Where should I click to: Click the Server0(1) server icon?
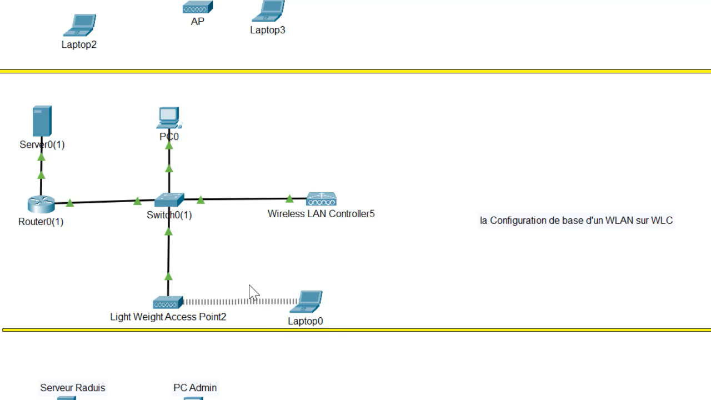point(42,121)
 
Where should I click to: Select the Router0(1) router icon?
point(41,204)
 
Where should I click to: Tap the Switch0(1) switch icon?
point(169,200)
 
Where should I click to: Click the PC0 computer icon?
point(169,118)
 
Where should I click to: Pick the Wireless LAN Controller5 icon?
point(321,199)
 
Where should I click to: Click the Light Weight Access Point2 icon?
point(168,303)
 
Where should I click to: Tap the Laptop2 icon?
point(81,26)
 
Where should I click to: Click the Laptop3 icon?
point(269,11)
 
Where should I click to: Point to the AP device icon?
point(198,8)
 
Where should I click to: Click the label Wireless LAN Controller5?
point(321,214)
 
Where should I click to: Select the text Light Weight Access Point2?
point(168,317)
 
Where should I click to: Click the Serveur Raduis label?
point(73,388)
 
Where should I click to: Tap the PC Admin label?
point(195,388)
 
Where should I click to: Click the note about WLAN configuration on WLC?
point(576,221)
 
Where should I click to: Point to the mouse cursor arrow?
point(253,292)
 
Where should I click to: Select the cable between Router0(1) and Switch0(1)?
point(103,201)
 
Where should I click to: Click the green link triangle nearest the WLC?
point(289,198)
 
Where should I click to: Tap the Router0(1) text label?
point(41,222)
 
